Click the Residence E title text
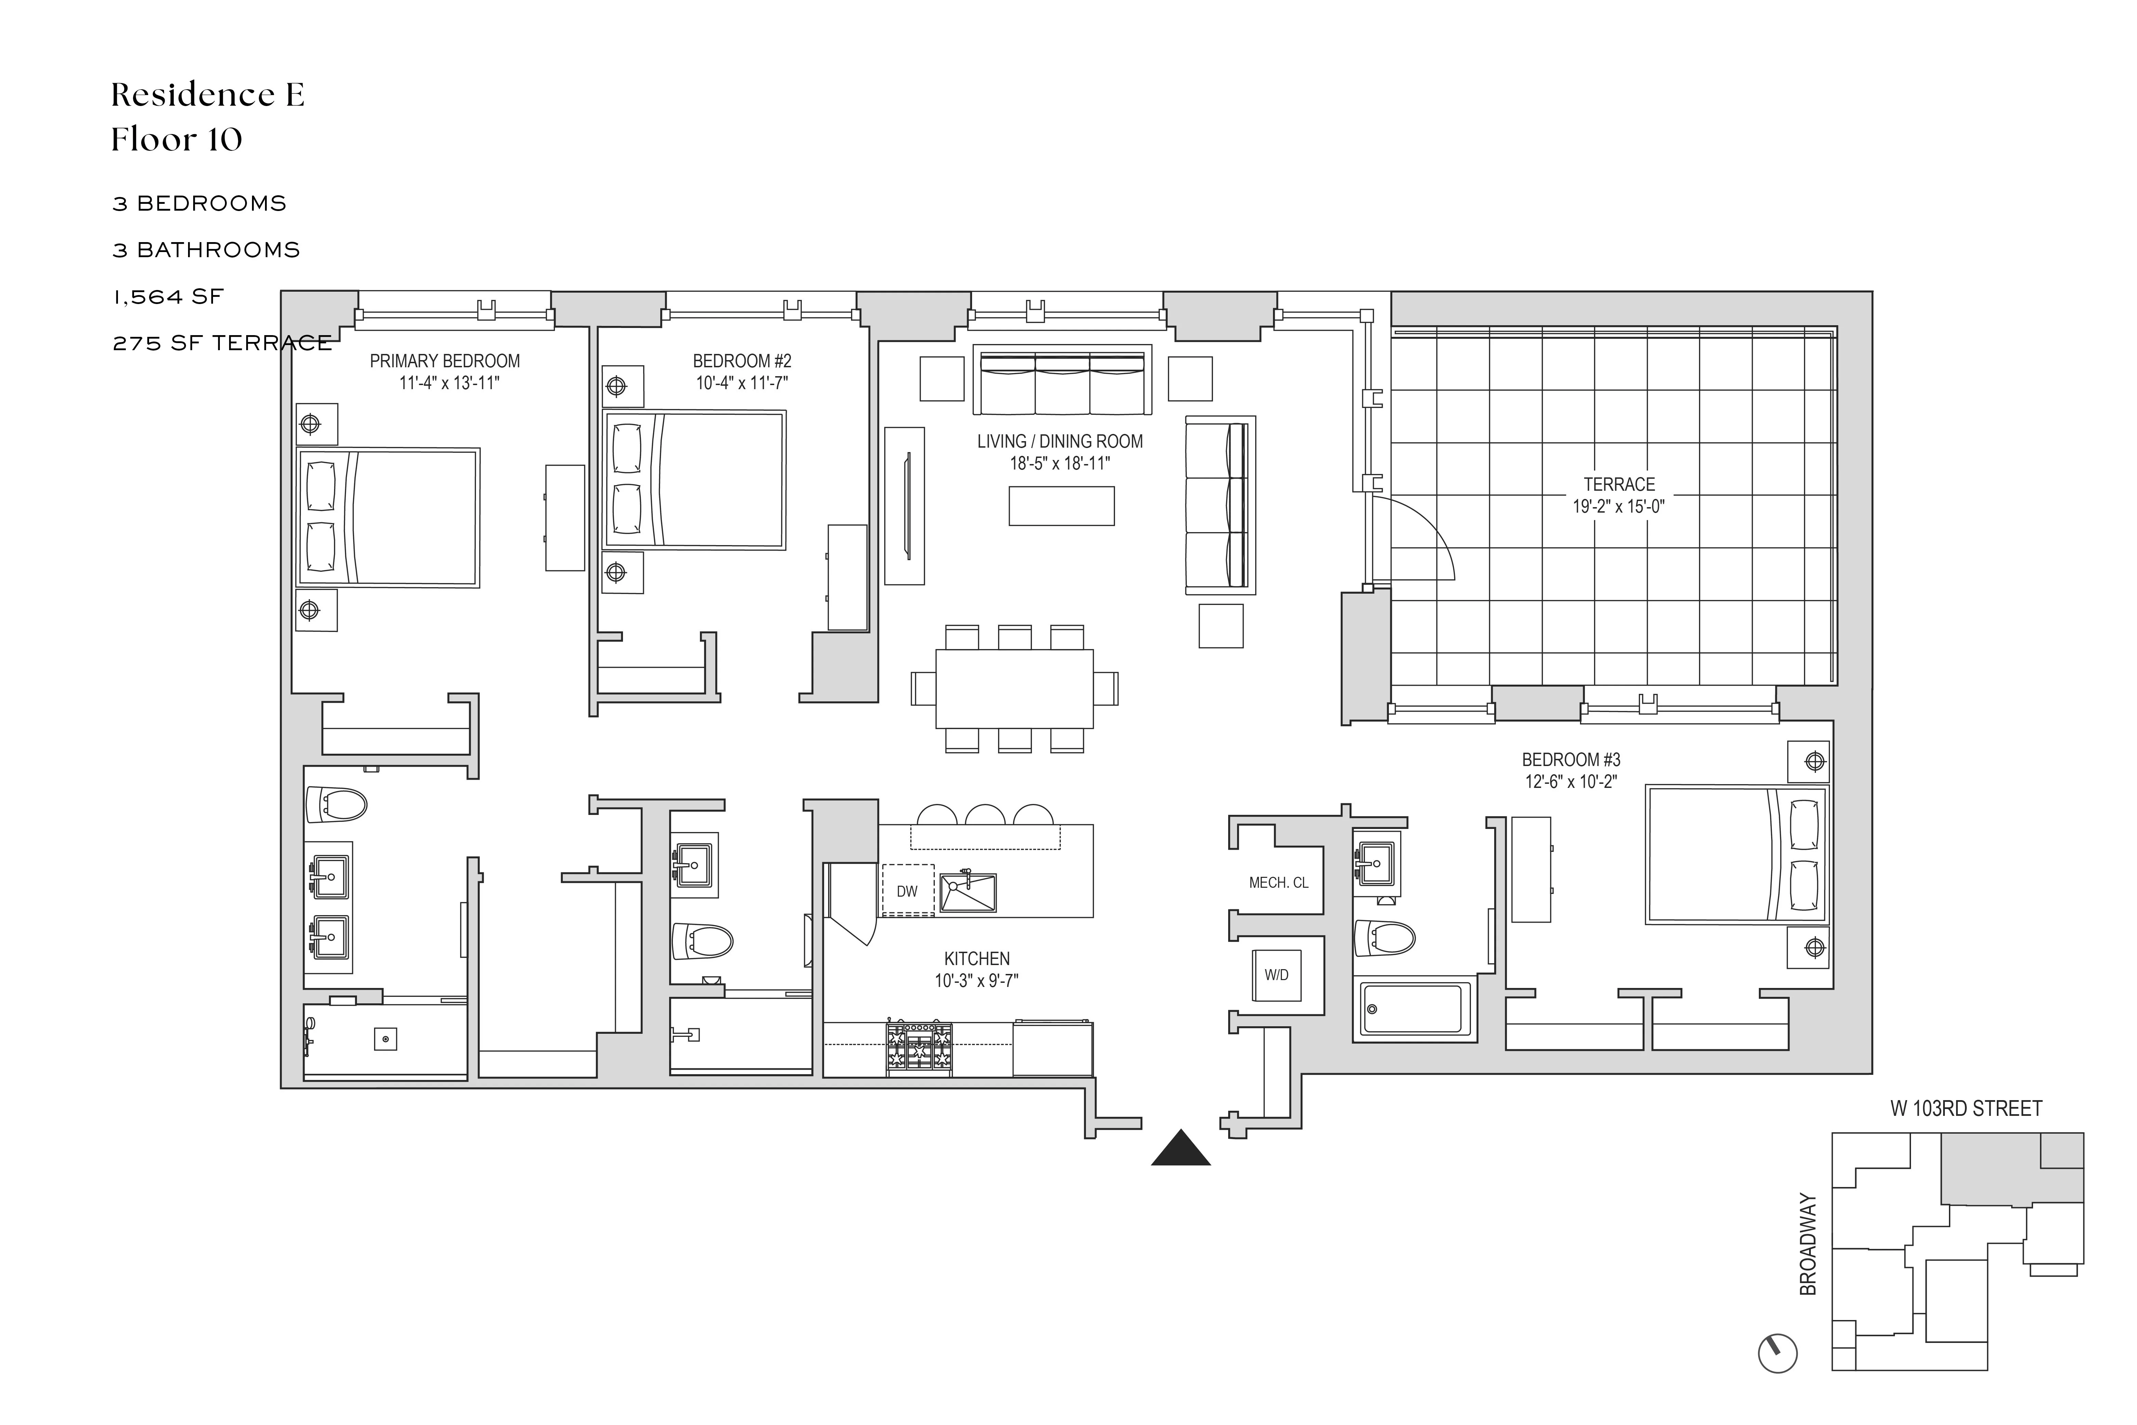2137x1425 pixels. pos(207,94)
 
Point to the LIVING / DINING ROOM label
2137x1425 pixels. pos(1059,442)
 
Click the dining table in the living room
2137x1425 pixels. pos(1014,688)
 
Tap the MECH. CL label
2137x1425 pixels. pos(1278,882)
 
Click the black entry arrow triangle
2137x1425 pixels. pos(1180,1149)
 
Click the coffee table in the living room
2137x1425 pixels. pos(1060,506)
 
